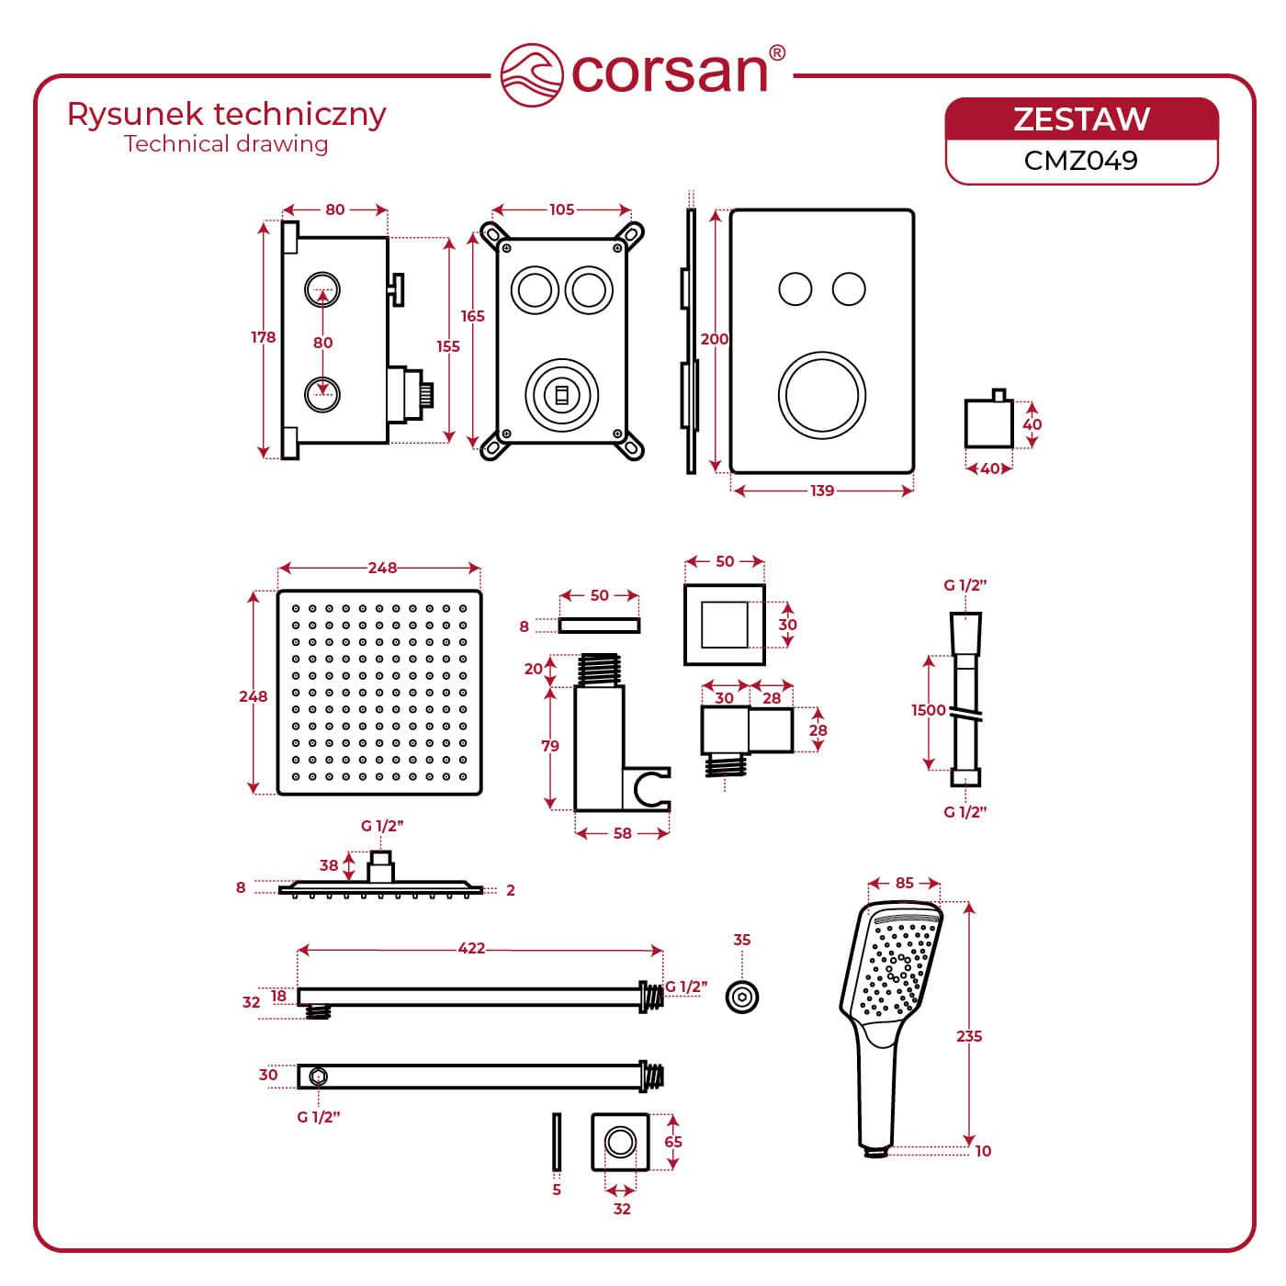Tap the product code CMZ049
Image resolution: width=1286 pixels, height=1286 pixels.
pos(1081,160)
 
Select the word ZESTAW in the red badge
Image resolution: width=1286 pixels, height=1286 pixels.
pos(1081,119)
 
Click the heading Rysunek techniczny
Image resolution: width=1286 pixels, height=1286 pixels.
pos(227,115)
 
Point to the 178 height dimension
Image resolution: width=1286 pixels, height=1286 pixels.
pos(264,337)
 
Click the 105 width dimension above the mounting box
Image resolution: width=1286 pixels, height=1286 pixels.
pos(561,209)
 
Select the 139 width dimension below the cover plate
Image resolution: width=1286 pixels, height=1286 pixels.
pos(822,491)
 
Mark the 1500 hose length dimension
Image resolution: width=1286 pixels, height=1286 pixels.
pos(929,710)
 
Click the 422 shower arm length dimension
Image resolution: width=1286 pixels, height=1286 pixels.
pos(471,948)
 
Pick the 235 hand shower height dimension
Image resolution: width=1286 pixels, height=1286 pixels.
pos(969,1036)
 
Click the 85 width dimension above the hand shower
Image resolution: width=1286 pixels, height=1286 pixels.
pos(905,883)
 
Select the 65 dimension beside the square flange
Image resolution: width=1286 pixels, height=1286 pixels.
pos(673,1142)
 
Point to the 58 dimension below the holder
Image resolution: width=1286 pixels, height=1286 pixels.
pos(622,833)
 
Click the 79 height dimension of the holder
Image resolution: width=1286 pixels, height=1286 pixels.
pos(550,746)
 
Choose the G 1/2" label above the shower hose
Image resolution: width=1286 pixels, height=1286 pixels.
pos(964,584)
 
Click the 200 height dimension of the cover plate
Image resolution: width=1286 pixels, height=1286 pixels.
pos(715,339)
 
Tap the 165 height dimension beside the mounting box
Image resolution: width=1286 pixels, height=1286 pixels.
pos(473,316)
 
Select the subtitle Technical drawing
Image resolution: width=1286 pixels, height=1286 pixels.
pos(226,144)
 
